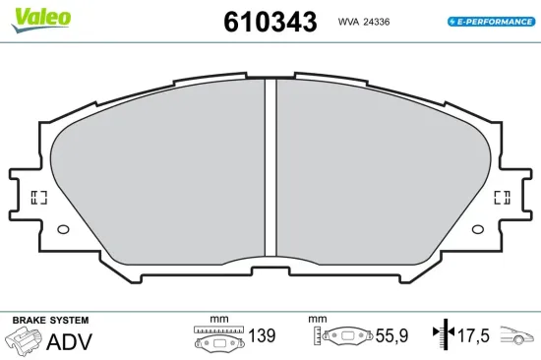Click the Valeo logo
41,20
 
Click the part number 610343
270,22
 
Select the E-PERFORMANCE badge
491,22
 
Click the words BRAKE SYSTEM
50,320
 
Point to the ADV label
70,341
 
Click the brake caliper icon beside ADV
23,340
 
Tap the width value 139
262,335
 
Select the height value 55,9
391,335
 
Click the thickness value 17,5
473,335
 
